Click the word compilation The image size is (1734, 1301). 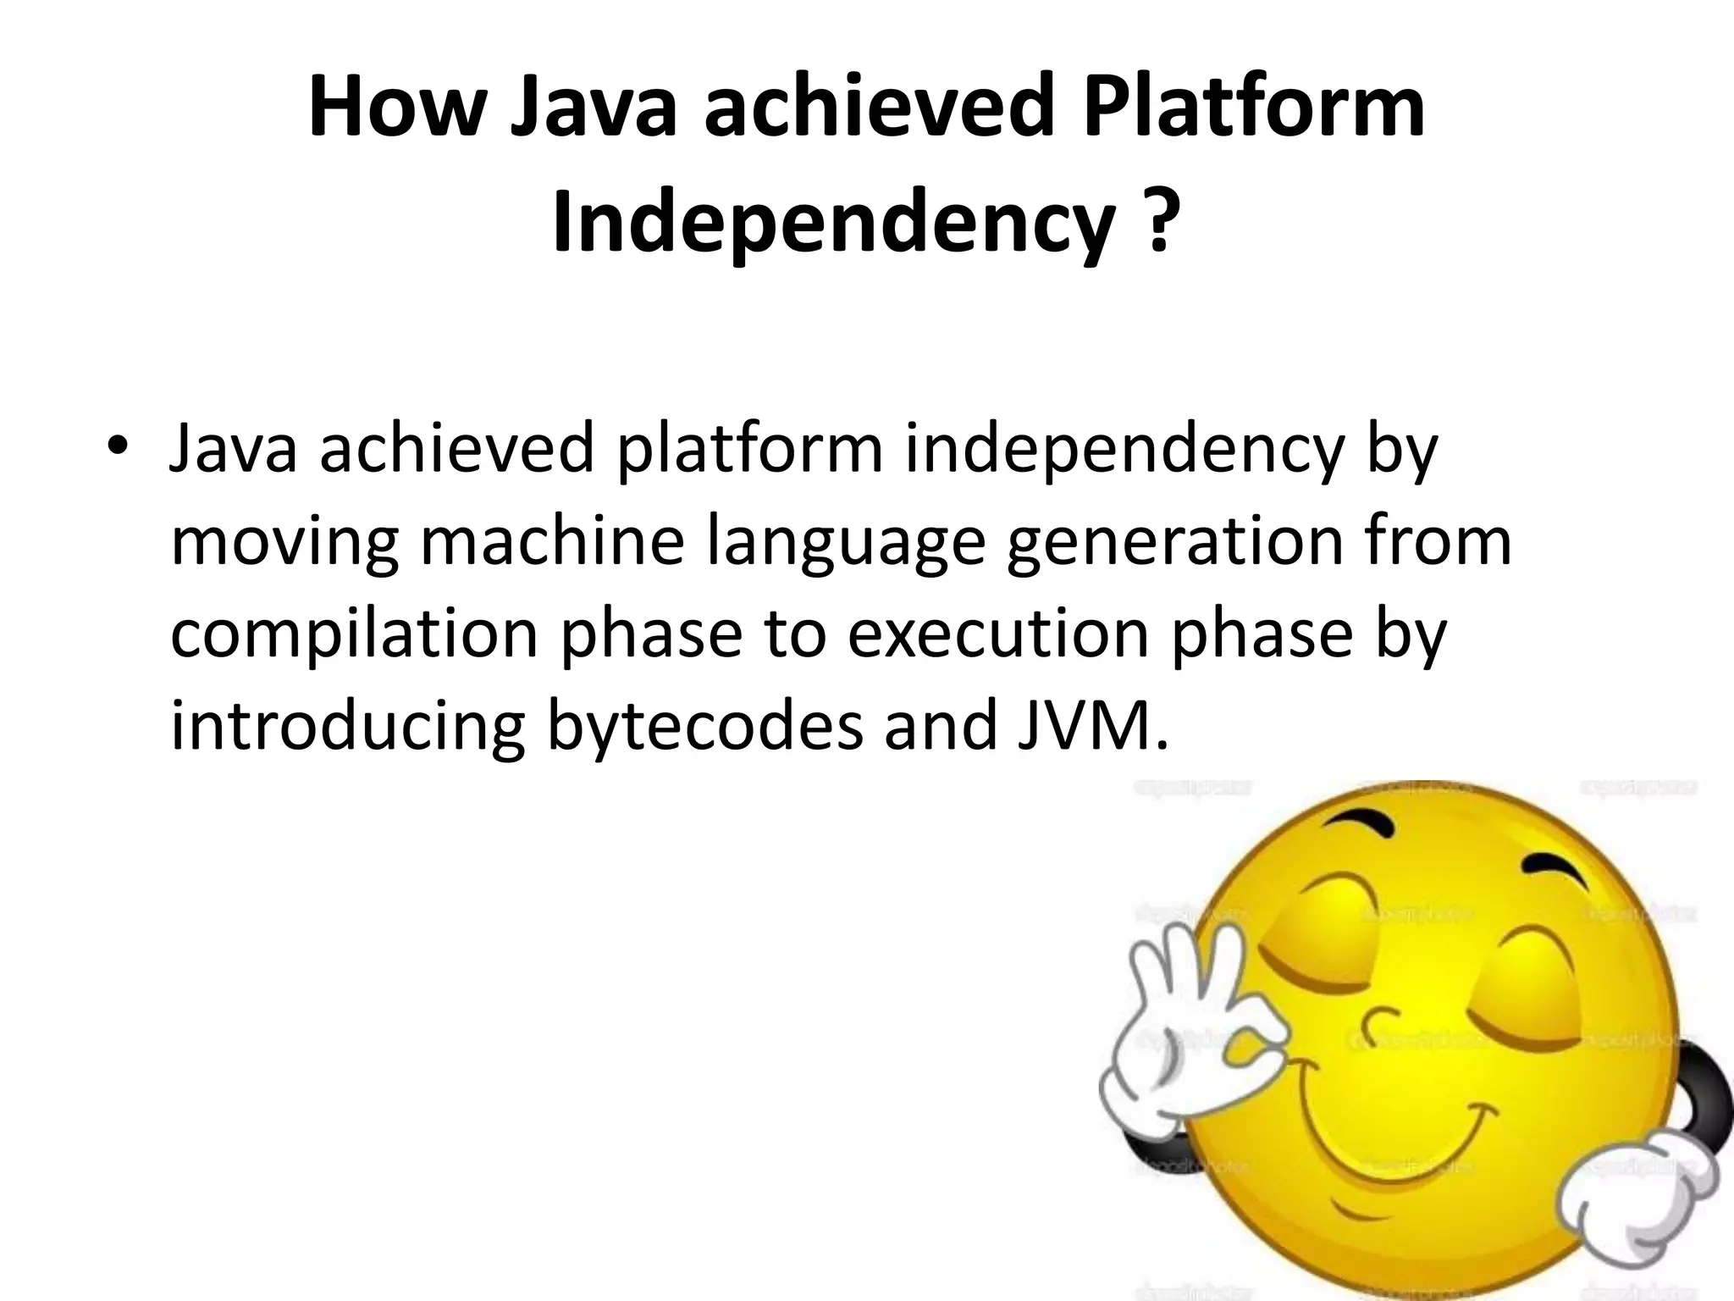pos(355,635)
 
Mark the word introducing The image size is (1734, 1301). pos(348,727)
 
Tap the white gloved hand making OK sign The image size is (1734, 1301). pos(1185,1042)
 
